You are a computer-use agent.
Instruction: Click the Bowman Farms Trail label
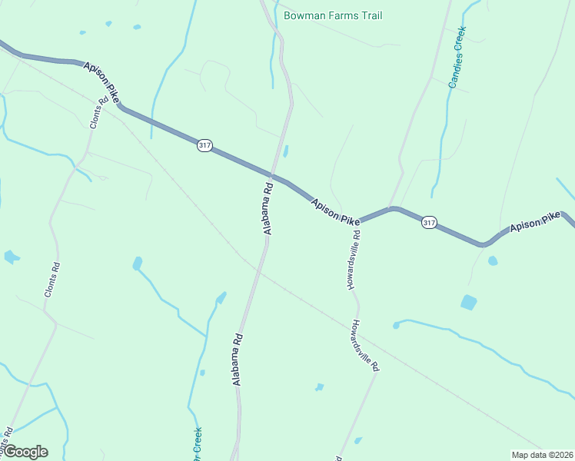[332, 15]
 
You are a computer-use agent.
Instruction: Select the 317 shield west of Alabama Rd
[204, 145]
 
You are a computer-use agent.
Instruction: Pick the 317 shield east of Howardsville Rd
[429, 223]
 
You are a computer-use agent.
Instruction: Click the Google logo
[25, 452]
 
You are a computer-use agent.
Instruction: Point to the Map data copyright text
[541, 454]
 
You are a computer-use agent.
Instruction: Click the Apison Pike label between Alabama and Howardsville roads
[335, 211]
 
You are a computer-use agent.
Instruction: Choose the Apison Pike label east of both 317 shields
[535, 224]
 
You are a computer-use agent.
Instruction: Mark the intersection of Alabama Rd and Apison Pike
[271, 174]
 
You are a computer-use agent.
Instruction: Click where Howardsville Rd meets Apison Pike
[358, 224]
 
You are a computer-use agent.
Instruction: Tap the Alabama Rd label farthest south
[238, 358]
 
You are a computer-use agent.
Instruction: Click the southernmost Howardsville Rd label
[366, 345]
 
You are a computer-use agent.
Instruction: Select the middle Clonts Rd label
[52, 280]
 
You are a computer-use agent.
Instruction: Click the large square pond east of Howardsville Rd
[468, 302]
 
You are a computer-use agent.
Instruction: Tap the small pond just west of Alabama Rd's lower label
[221, 297]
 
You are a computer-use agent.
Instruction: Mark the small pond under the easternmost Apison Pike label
[492, 260]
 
